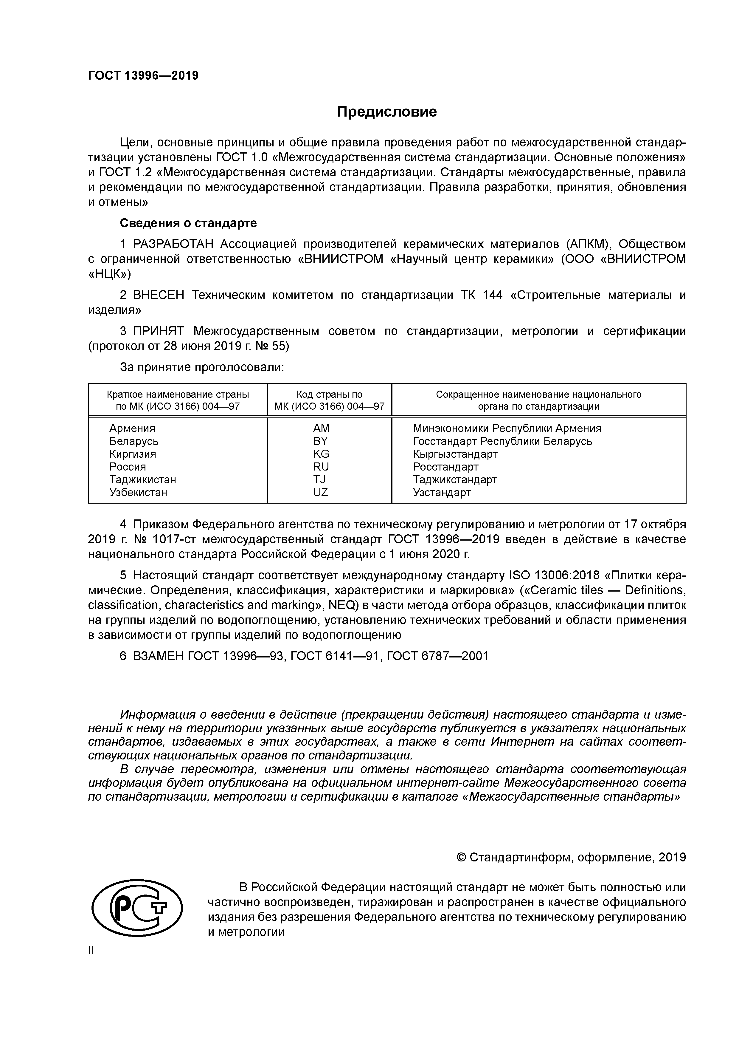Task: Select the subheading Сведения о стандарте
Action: pyautogui.click(x=188, y=223)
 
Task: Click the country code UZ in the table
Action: pyautogui.click(x=321, y=493)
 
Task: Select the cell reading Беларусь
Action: pyautogui.click(x=134, y=441)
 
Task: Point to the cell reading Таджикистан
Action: pyautogui.click(x=142, y=480)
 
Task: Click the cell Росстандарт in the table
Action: pyautogui.click(x=445, y=467)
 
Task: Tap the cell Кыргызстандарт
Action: pyautogui.click(x=455, y=454)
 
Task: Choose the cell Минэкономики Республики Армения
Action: pyautogui.click(x=507, y=428)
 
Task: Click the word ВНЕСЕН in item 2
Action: pyautogui.click(x=159, y=295)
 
